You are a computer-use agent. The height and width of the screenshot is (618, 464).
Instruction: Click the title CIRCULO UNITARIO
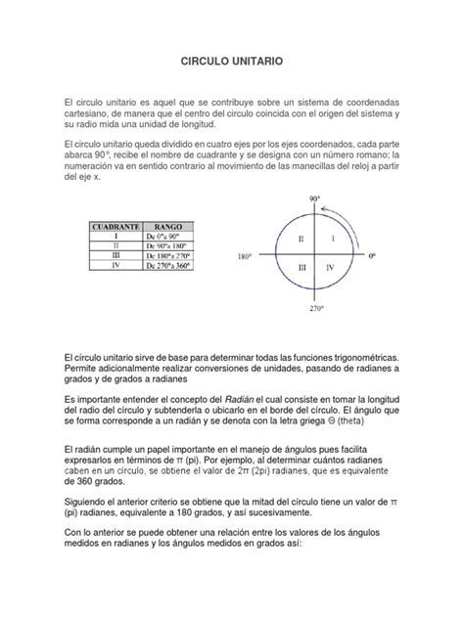pos(232,61)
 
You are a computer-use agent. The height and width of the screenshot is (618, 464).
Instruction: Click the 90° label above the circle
pos(315,199)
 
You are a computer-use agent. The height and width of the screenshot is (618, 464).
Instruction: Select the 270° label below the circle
pos(315,309)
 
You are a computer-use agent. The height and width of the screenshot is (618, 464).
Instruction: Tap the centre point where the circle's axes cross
pos(315,254)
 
